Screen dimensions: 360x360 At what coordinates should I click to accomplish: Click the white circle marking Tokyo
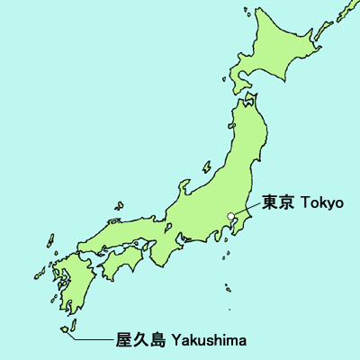point(231,215)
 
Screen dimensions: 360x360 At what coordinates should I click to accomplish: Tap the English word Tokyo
point(320,202)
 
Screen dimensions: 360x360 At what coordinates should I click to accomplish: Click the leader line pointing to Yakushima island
point(94,340)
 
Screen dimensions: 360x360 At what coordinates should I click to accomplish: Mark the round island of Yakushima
point(66,329)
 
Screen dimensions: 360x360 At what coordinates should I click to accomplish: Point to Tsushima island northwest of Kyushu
point(49,242)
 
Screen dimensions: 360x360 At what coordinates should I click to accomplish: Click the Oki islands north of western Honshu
point(118,208)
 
